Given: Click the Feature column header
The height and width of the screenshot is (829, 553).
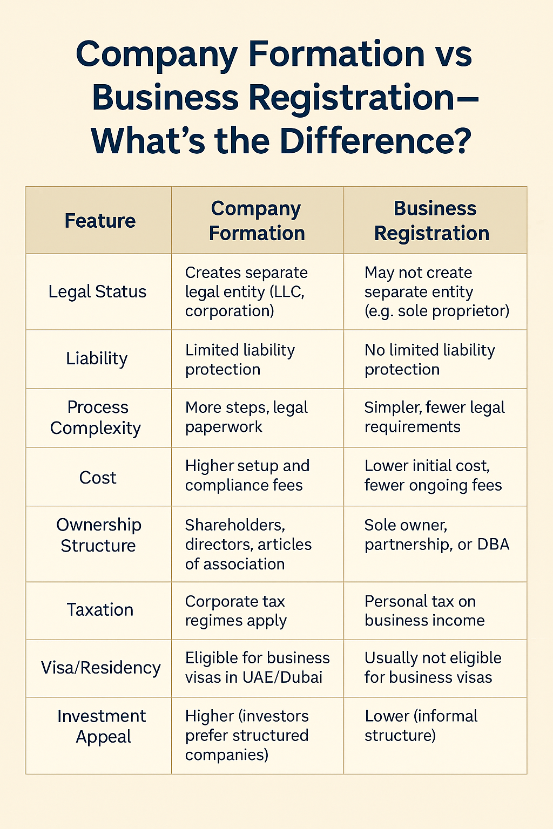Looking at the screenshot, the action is point(100,221).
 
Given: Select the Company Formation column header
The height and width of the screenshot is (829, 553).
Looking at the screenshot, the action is point(257,221).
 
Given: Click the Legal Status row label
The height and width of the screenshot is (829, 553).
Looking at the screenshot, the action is point(97,291).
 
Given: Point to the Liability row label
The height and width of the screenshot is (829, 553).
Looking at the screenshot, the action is point(97,358).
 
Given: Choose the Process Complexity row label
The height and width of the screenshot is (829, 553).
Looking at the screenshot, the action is point(96,417).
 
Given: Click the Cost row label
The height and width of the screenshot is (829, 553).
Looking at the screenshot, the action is point(98,478).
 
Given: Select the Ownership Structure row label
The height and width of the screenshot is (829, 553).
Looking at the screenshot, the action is point(98,535).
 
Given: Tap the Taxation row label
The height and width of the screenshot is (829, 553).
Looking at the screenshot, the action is point(100,610).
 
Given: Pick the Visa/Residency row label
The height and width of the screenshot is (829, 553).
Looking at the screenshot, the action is point(100,668).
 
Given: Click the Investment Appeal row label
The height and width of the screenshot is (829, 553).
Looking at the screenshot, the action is point(102,726).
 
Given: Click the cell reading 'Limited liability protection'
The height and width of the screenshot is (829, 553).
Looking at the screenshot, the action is point(240,359).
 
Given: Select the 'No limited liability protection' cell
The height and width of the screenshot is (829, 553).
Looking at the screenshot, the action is point(429,359).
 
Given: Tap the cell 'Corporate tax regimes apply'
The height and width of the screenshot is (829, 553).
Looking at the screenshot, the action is point(235,611).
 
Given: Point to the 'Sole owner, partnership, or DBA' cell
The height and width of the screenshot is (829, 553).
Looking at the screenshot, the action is point(436,535).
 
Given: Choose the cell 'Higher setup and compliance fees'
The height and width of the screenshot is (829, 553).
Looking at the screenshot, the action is point(247,475).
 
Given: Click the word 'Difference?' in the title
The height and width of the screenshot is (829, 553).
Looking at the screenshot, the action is point(375,141).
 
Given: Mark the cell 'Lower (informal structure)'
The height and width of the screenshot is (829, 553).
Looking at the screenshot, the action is point(421,725).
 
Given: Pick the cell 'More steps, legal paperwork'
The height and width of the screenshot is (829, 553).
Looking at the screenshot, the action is point(246,417).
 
